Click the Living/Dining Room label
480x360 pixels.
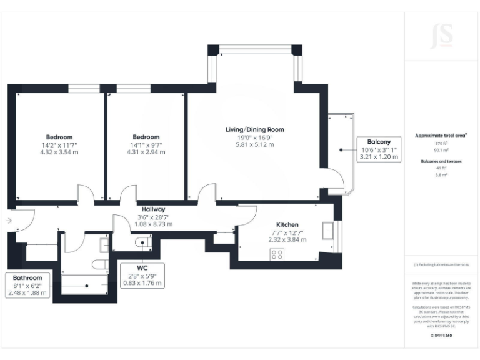click(254, 129)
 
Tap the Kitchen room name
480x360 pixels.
click(287, 224)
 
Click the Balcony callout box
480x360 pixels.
click(379, 149)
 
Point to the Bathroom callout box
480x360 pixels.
click(28, 286)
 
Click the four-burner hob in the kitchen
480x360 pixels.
click(276, 254)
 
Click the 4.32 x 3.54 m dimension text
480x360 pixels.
click(59, 152)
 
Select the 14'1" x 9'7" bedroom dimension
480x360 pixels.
click(146, 145)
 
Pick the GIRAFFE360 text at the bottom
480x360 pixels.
click(441, 336)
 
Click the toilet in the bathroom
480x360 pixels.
click(99, 264)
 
